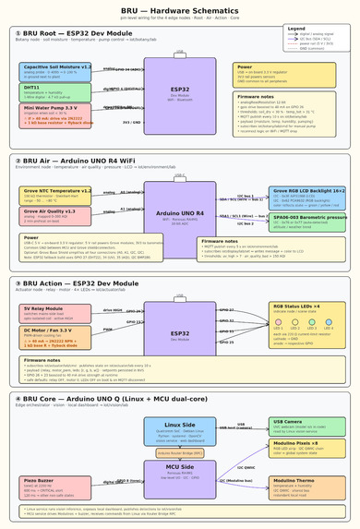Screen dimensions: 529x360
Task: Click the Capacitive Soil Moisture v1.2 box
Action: tap(55, 71)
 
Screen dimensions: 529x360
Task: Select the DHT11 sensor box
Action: tap(55, 92)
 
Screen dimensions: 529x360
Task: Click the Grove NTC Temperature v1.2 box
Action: tap(55, 195)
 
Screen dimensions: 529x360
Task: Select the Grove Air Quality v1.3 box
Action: tap(55, 215)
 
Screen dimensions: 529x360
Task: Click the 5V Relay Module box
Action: tap(55, 312)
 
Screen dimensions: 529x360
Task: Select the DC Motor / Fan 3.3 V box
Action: tap(55, 335)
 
